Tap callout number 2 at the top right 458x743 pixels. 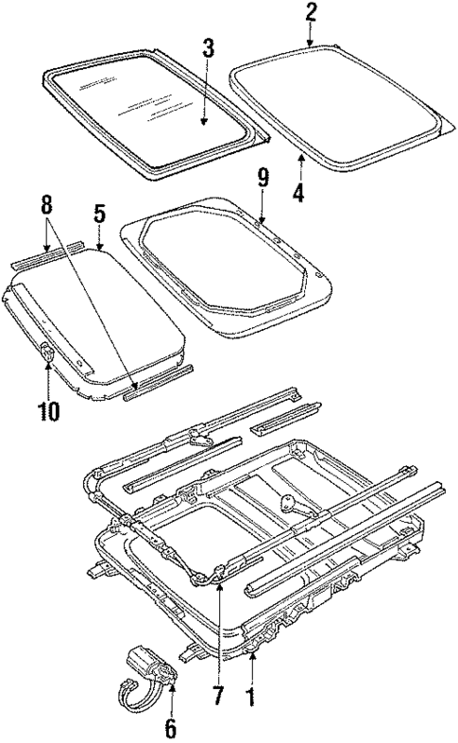[x=311, y=13]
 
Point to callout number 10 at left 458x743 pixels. [x=48, y=410]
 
